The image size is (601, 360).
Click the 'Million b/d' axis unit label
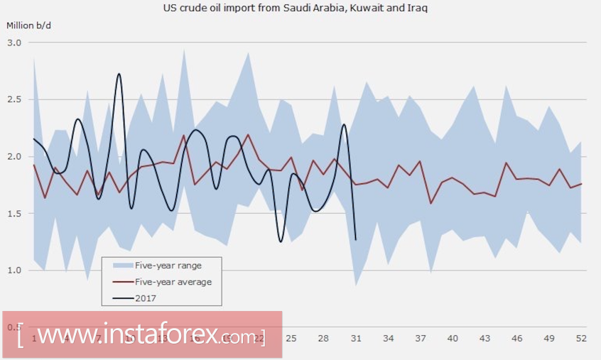[29, 26]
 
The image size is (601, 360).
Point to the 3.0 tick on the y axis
[15, 43]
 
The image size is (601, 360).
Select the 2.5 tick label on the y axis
[15, 99]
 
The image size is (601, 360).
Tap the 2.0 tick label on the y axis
[15, 156]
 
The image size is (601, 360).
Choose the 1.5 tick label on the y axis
[15, 214]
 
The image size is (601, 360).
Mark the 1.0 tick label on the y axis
[15, 271]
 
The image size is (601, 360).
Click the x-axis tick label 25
[291, 338]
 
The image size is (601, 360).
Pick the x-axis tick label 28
[323, 338]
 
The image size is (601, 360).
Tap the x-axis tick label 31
[355, 338]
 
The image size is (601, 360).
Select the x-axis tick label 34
[388, 338]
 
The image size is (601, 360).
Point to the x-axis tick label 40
[453, 338]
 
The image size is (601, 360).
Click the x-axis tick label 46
[517, 338]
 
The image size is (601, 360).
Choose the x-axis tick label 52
[581, 338]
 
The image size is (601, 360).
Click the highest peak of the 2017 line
[119, 74]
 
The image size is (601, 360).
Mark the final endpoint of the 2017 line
[355, 239]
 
